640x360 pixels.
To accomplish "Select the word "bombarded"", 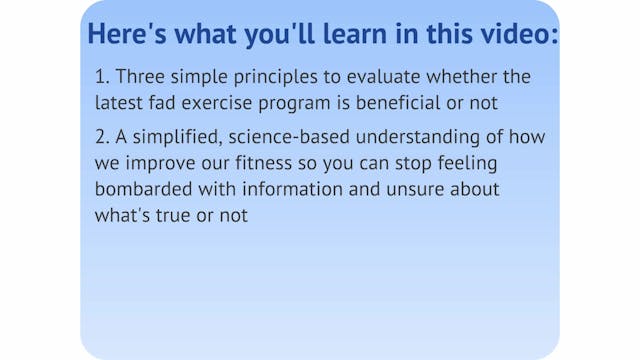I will [142, 188].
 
